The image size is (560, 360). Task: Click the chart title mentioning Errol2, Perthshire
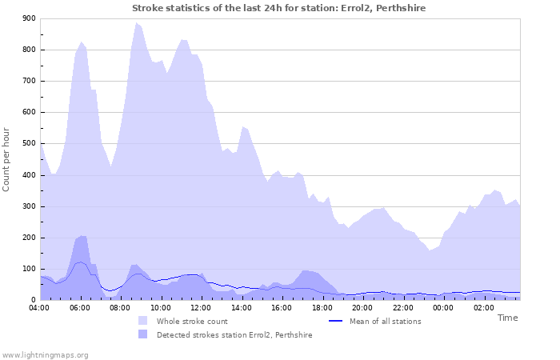pos(278,8)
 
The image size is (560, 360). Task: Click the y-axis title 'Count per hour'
pos(7,158)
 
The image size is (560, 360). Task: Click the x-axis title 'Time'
pos(507,318)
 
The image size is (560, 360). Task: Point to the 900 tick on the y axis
pos(29,18)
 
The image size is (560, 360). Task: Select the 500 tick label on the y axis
pos(29,144)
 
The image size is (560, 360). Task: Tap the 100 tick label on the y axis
pos(29,269)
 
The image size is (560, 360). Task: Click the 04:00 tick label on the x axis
pos(39,307)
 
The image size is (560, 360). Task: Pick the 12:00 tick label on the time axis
pos(201,307)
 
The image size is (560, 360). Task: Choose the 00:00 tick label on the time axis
pos(442,307)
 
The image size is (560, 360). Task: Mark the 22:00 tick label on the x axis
pos(402,307)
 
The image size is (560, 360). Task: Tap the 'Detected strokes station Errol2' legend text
pos(234,335)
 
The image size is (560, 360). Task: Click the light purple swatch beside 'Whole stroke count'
pos(142,321)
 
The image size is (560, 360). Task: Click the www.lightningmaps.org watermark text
pos(45,354)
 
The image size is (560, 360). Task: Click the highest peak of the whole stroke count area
pos(137,23)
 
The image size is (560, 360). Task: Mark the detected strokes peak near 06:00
pos(82,236)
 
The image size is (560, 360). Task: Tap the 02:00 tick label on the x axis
pos(482,307)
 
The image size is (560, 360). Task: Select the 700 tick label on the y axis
pos(29,81)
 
